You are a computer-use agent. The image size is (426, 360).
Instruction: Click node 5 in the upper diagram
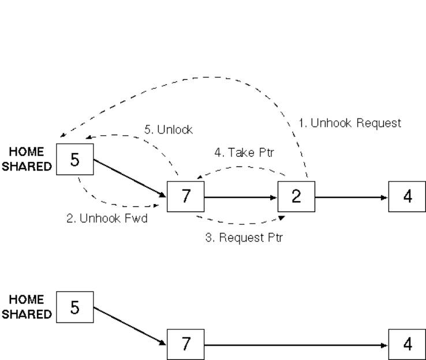point(76,159)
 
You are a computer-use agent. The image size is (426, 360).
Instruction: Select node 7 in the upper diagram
point(185,197)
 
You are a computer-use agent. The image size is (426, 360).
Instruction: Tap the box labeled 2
point(296,196)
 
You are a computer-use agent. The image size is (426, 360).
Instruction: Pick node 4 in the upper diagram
point(407,196)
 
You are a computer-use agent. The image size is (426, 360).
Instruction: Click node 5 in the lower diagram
point(76,307)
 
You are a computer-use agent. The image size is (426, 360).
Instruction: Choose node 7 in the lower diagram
point(185,345)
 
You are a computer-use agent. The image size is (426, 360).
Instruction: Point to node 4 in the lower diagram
point(407,345)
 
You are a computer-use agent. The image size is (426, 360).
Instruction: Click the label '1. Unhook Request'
point(350,123)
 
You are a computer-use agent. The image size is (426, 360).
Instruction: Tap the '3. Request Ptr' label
point(244,237)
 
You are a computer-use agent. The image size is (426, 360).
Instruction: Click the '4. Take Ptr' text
point(244,153)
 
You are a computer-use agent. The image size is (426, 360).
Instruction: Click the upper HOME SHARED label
point(27,159)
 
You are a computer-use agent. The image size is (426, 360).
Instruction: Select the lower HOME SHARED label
point(27,307)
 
